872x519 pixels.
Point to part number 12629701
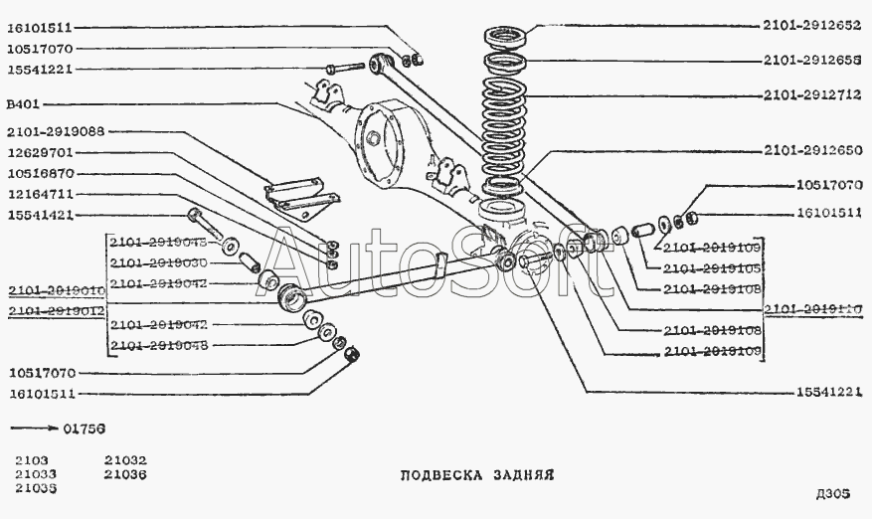tap(40, 152)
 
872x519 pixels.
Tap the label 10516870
tap(40, 173)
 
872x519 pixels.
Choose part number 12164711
tap(40, 194)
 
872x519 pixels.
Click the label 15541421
tap(40, 215)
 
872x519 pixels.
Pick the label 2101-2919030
tap(158, 262)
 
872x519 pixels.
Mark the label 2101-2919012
tap(56, 310)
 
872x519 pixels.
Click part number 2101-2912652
tap(811, 26)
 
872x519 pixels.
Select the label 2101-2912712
tap(811, 96)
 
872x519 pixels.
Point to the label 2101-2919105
tap(712, 268)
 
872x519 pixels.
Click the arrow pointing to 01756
tap(33, 428)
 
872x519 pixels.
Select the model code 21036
tap(124, 474)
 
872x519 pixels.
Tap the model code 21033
tap(35, 474)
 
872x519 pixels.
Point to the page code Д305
tap(832, 494)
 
